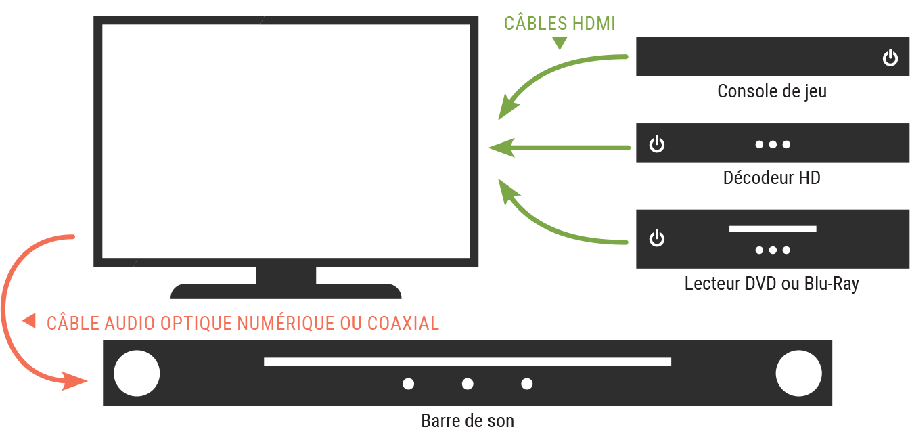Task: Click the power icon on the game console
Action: click(890, 58)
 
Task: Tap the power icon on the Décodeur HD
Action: click(656, 144)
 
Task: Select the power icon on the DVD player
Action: click(656, 238)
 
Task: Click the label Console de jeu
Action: click(772, 91)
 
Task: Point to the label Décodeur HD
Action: click(772, 178)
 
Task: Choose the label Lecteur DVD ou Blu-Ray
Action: click(772, 284)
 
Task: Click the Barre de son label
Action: click(468, 421)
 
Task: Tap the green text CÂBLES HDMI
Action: click(560, 24)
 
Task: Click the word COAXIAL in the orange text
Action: click(403, 324)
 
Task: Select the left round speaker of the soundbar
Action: click(137, 373)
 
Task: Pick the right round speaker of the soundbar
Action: click(798, 373)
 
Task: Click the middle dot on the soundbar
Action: click(468, 384)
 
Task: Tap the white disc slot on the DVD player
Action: click(773, 229)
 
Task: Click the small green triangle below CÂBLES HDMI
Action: click(560, 42)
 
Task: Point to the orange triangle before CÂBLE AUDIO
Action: click(29, 321)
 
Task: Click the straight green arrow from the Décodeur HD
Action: click(560, 148)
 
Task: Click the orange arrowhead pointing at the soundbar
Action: click(74, 381)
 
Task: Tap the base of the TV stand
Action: click(286, 291)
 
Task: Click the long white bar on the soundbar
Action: click(468, 361)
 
